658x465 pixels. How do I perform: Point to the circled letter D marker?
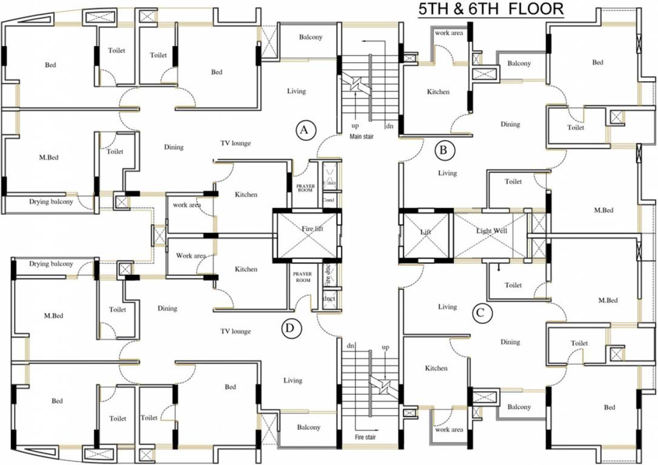click(x=291, y=328)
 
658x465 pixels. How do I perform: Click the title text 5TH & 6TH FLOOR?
click(x=492, y=10)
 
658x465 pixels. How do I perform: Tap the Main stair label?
click(x=361, y=137)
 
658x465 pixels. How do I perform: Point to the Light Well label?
click(x=491, y=231)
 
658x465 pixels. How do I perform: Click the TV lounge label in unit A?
click(x=235, y=143)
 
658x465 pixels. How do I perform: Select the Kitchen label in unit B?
click(x=438, y=92)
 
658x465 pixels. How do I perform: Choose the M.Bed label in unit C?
click(x=608, y=300)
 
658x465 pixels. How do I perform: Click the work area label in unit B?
click(x=449, y=33)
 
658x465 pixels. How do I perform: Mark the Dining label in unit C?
click(x=510, y=342)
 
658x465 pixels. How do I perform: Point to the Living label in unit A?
click(x=296, y=91)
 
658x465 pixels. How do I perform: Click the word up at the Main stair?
click(x=355, y=127)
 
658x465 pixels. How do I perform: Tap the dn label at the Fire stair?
click(x=350, y=345)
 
